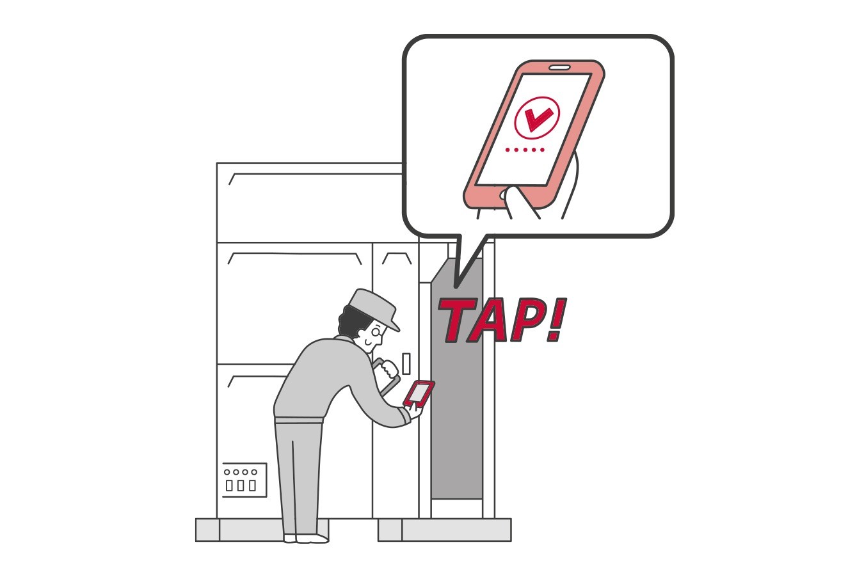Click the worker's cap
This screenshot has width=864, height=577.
(x=373, y=306)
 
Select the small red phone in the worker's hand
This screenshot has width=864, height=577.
(x=419, y=393)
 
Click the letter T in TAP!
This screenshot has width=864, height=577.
(x=455, y=319)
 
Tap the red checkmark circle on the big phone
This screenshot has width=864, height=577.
(x=537, y=116)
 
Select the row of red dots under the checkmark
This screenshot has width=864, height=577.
(x=525, y=150)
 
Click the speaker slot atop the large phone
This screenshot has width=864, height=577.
(x=559, y=67)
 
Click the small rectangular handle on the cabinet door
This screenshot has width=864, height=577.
(x=406, y=363)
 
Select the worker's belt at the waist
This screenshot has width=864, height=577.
(x=298, y=420)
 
